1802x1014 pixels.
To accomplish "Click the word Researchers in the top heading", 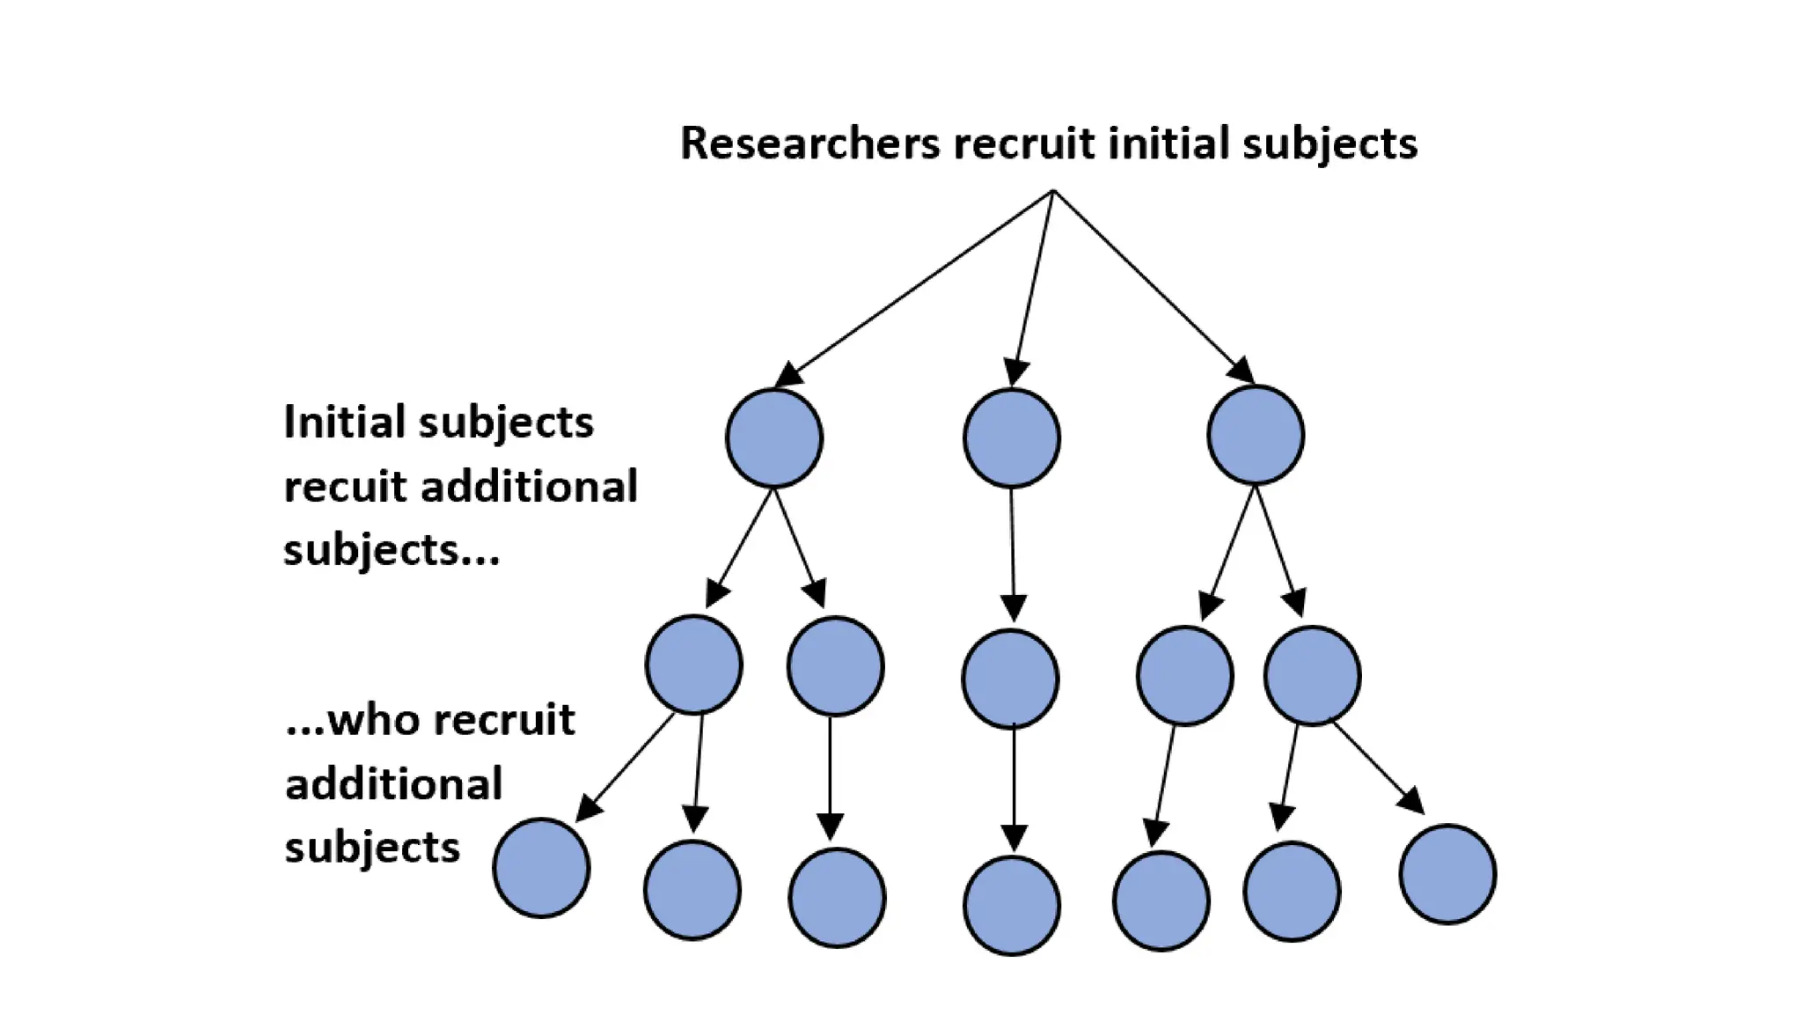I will [809, 143].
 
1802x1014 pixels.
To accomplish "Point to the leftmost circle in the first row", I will [774, 438].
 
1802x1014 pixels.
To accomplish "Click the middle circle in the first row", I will [1012, 438].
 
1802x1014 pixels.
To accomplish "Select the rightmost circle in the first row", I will [1256, 435].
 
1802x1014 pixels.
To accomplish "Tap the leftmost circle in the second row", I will [693, 665].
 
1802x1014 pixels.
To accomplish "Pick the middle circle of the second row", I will [1010, 679].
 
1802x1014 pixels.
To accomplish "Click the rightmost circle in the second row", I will [1313, 676].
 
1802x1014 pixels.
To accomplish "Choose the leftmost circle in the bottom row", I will [541, 868].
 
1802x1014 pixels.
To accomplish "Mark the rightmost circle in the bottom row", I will [1447, 874].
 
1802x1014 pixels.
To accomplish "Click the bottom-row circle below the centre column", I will [1012, 906].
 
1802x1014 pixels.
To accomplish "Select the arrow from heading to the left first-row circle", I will [915, 288].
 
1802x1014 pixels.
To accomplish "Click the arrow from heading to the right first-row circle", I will [1153, 286].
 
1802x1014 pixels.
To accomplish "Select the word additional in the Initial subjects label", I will [529, 487].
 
